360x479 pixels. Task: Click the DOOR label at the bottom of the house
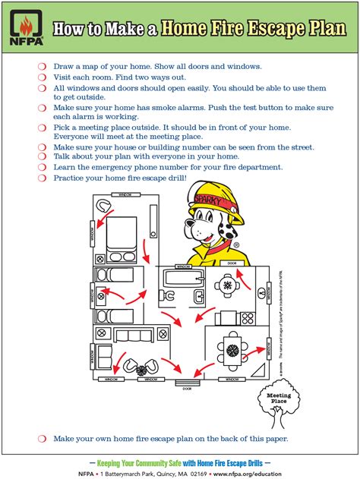187,388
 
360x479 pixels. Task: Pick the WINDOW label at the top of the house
124,195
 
